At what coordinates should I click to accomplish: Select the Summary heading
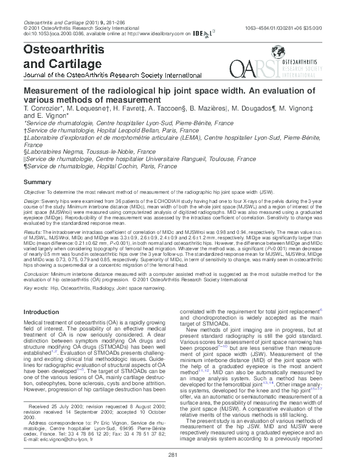point(37,182)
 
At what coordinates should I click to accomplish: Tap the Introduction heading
point(41,312)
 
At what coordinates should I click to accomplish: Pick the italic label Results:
point(32,232)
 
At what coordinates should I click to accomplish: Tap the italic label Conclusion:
point(37,273)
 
